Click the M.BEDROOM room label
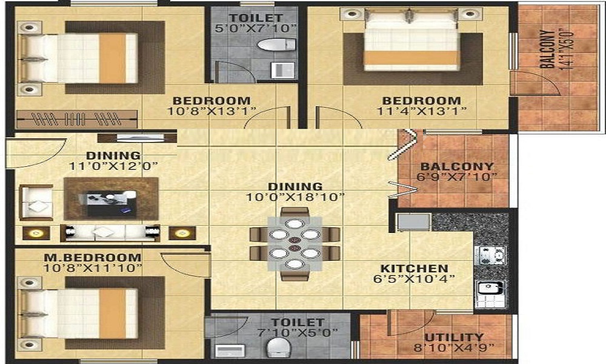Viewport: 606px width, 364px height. pos(92,257)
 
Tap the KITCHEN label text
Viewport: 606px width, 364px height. pos(415,269)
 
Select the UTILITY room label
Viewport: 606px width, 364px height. pos(454,337)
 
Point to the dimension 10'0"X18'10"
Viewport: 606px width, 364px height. pos(295,197)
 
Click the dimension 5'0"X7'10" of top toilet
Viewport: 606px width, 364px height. pos(256,29)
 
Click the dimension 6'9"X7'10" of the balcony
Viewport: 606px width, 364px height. pos(457,177)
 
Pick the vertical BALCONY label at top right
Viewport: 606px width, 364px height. pos(547,49)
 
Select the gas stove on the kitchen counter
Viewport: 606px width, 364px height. pos(490,255)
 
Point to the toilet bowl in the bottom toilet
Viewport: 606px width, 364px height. pos(278,348)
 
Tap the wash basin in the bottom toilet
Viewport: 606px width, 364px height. pos(230,351)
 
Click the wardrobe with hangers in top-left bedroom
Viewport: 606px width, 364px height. pos(77,119)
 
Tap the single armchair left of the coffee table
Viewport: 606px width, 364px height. pos(36,203)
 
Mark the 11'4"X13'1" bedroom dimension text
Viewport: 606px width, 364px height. pos(422,111)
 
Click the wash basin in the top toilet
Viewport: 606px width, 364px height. pos(282,70)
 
